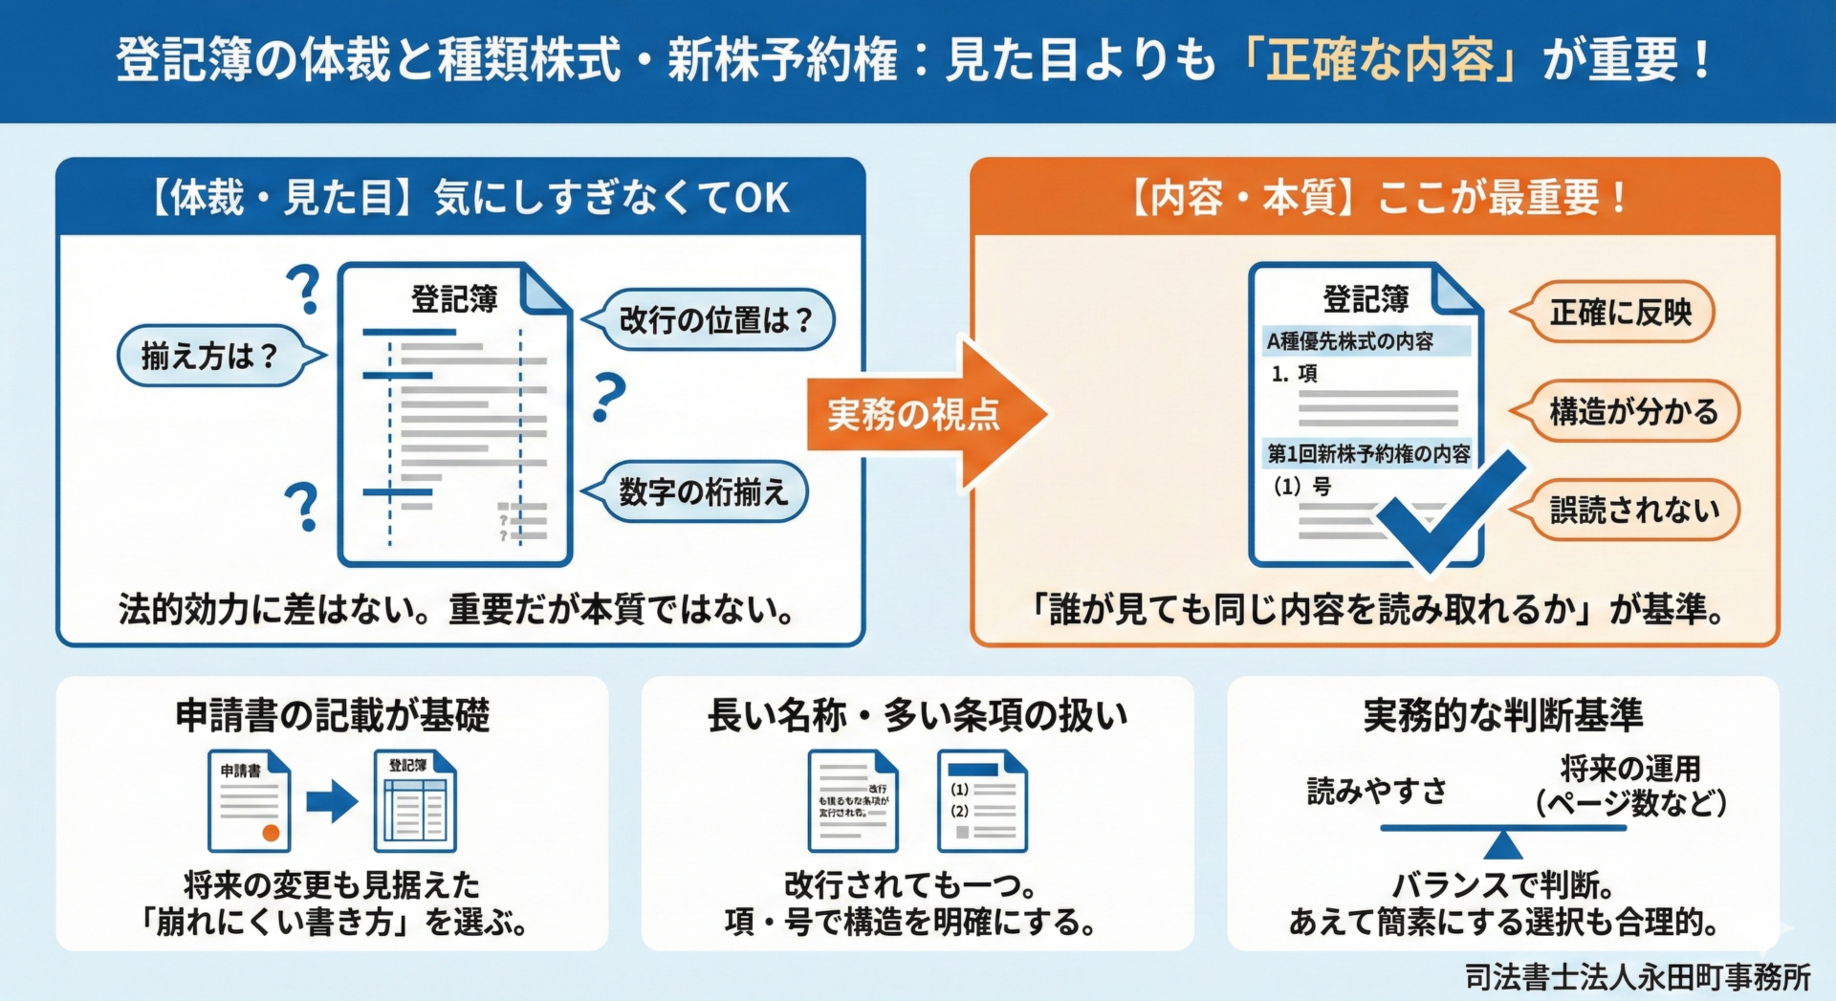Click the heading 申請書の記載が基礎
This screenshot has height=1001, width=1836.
coord(332,715)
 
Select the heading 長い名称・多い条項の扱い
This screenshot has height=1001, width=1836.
coord(917,715)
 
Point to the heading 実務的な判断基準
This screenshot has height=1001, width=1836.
coord(1502,715)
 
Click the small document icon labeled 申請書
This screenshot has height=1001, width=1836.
coord(249,801)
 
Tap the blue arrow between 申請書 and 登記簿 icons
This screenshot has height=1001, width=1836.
coord(331,801)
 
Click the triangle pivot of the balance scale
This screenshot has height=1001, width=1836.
coord(1502,845)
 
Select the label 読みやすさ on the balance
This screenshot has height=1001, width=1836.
coord(1376,791)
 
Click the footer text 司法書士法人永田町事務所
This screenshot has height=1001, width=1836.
coord(1637,977)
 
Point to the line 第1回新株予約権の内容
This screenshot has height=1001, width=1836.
coord(1368,453)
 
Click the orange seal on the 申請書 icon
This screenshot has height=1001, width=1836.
coord(271,833)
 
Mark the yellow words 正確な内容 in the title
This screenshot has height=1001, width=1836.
coord(1379,60)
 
